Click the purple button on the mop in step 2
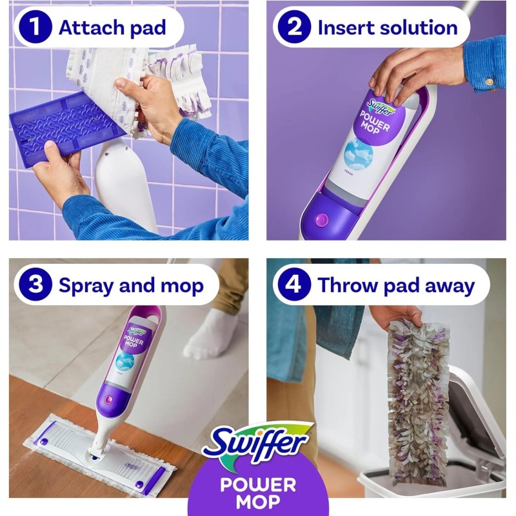(322, 219)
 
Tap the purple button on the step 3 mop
(108, 401)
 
